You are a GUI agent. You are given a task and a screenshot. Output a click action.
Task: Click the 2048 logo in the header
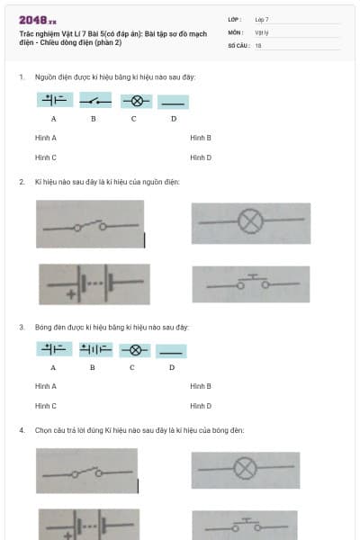pos(37,19)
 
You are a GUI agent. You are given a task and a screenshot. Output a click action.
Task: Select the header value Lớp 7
pos(262,19)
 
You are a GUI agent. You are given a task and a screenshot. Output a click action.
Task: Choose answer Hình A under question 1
pos(46,138)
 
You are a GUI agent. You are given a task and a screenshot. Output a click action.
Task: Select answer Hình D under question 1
pos(201,157)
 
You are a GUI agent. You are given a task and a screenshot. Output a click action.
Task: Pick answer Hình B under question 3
pos(201,386)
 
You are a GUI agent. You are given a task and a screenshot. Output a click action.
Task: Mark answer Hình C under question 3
pos(46,406)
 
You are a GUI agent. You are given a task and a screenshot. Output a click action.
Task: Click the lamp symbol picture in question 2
pos(250,222)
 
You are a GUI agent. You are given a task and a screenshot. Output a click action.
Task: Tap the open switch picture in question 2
pos(89,224)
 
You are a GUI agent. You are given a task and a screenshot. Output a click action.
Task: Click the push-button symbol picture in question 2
pos(250,284)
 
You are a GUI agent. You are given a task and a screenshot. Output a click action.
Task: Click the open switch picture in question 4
pos(87,471)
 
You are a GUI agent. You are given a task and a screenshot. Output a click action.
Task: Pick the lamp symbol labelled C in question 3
pos(134,350)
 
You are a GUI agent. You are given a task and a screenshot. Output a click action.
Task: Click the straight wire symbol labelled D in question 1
pos(173,102)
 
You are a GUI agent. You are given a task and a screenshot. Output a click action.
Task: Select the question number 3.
pos(22,327)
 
